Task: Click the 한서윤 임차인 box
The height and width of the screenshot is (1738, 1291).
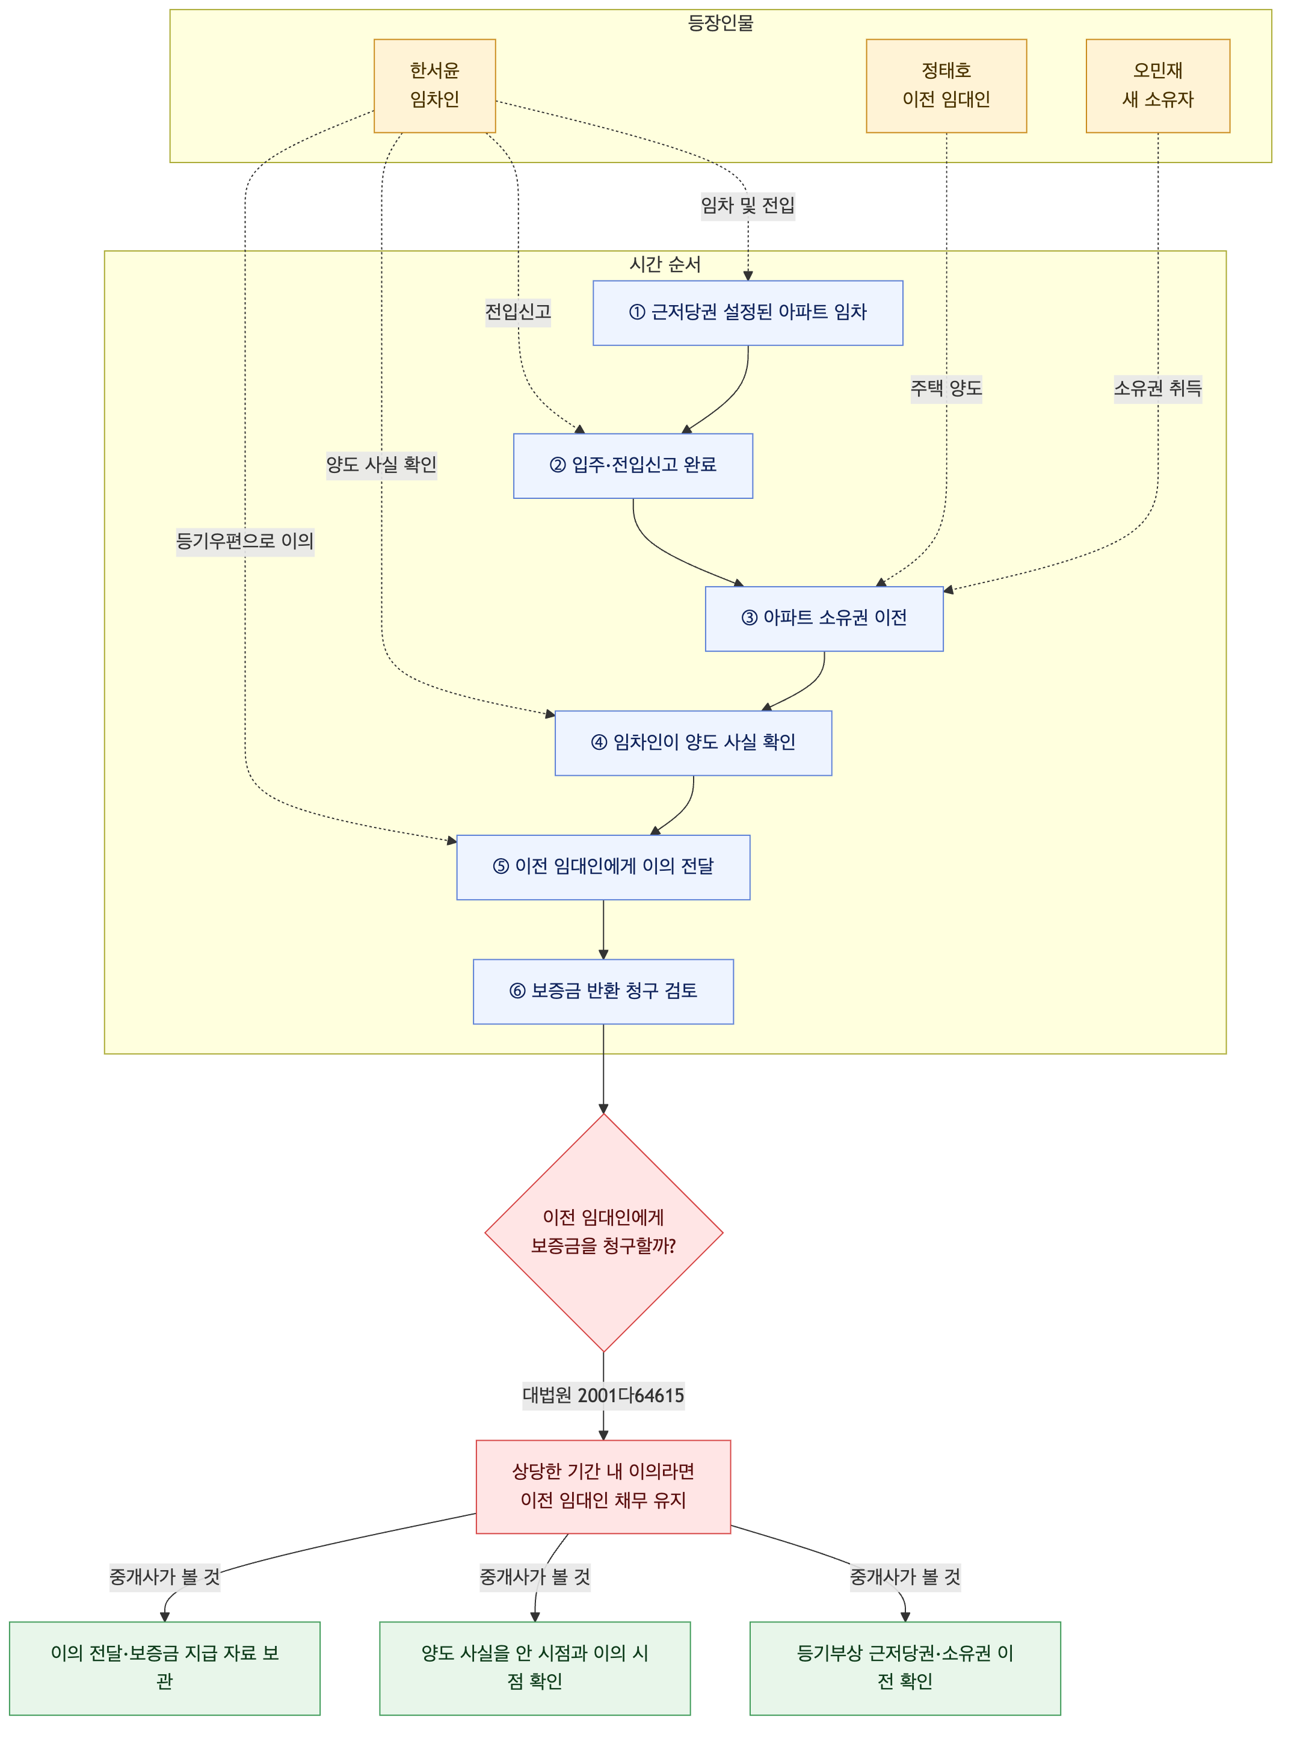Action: coord(434,86)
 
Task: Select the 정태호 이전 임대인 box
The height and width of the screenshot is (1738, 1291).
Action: coord(946,86)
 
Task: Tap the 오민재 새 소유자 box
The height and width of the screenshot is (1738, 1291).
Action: coord(1157,86)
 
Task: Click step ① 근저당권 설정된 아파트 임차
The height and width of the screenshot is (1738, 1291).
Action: coord(748,313)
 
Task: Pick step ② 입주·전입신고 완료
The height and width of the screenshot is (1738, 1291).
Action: coord(633,466)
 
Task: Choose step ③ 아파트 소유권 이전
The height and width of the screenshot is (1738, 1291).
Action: coord(824,619)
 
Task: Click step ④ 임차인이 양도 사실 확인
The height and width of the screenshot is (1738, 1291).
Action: coord(693,743)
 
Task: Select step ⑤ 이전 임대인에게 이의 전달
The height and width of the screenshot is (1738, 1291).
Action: coord(603,867)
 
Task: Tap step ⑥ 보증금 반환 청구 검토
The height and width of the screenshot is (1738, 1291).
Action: coord(603,991)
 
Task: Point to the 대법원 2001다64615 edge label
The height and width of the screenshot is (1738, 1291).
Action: coord(603,1396)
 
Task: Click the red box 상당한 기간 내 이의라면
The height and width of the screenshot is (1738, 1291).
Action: coord(603,1486)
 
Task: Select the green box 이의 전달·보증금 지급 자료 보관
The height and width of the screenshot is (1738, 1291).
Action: coord(165,1668)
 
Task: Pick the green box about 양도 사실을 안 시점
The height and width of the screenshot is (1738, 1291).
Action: coord(535,1668)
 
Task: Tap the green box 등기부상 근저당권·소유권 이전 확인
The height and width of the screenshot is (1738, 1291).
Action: coord(905,1668)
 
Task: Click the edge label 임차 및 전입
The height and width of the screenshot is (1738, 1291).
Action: coord(748,206)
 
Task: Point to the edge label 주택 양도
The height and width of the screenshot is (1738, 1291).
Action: coord(946,389)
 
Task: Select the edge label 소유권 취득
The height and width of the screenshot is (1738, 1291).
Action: coord(1157,389)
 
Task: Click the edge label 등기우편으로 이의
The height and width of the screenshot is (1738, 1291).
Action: coord(245,541)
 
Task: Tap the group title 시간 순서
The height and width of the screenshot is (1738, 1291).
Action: coord(665,264)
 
